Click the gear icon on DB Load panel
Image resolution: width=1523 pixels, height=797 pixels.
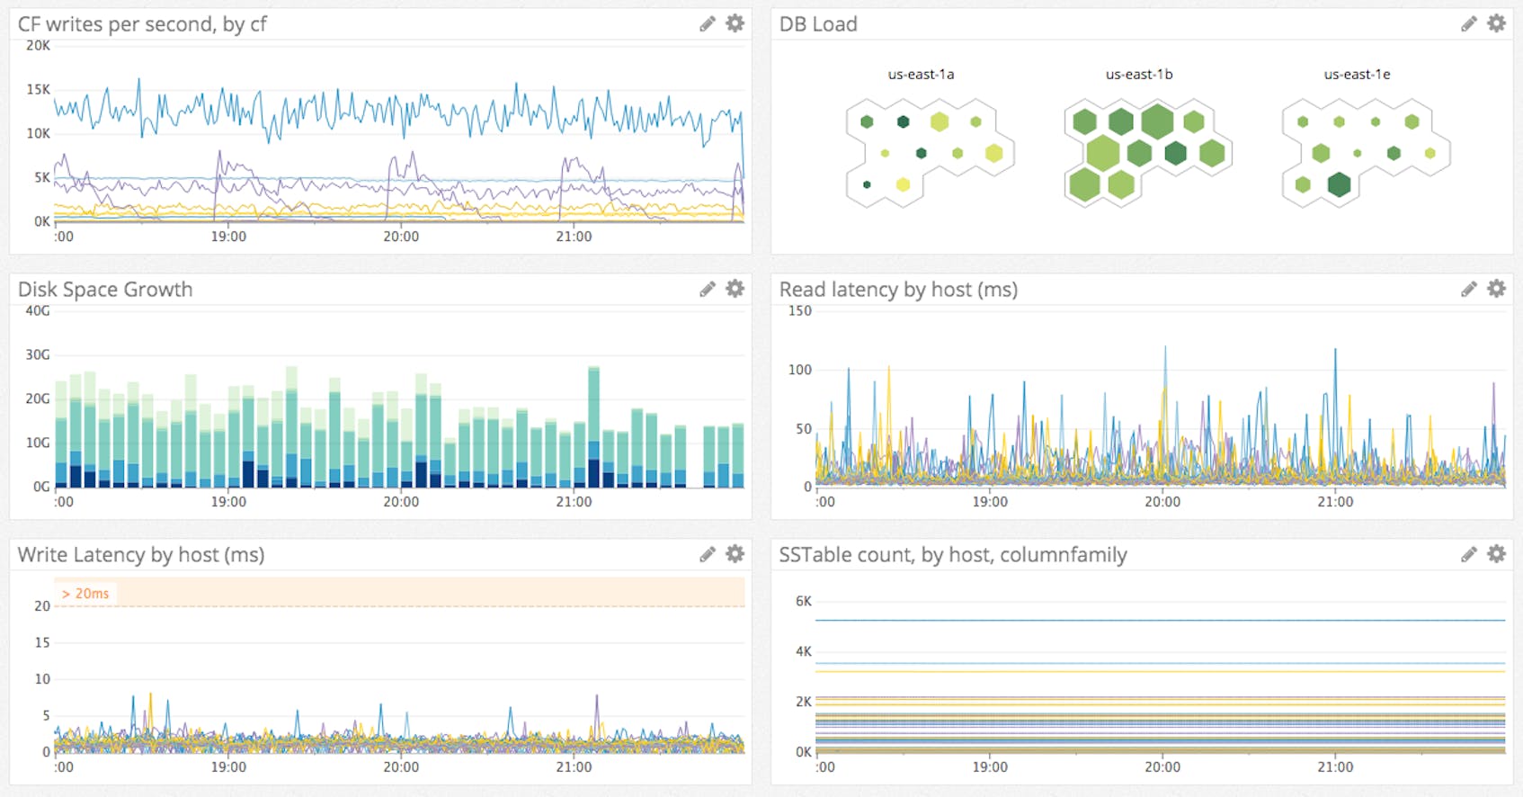[x=1496, y=23]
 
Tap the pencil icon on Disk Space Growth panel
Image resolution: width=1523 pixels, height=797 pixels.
[x=708, y=289]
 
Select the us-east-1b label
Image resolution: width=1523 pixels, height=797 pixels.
[x=1139, y=75]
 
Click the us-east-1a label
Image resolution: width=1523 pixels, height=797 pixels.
[x=921, y=75]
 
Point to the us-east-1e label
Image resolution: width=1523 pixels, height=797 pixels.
[x=1357, y=75]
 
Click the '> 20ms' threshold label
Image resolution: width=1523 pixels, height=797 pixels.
[x=85, y=594]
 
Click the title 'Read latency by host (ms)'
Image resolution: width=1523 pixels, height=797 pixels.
[x=898, y=290]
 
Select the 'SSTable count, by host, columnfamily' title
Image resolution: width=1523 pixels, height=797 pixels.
[x=952, y=555]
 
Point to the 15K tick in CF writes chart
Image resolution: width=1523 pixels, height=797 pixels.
[x=39, y=89]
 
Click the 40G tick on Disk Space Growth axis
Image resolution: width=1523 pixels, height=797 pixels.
[x=38, y=310]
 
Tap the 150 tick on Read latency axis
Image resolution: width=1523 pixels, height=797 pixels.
[x=799, y=310]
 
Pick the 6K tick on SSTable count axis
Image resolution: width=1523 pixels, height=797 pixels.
[x=803, y=601]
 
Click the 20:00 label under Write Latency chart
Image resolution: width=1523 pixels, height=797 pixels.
[x=401, y=767]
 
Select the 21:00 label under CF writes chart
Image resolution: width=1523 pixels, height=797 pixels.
[x=574, y=237]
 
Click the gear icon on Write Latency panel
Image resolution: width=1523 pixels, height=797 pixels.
[x=735, y=554]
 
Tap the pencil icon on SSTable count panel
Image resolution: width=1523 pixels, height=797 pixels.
[x=1469, y=554]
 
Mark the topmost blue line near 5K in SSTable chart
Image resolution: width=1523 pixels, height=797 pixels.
[x=1160, y=620]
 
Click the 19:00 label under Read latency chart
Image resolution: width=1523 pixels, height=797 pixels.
[x=990, y=502]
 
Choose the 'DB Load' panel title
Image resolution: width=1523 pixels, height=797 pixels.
[x=818, y=24]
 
